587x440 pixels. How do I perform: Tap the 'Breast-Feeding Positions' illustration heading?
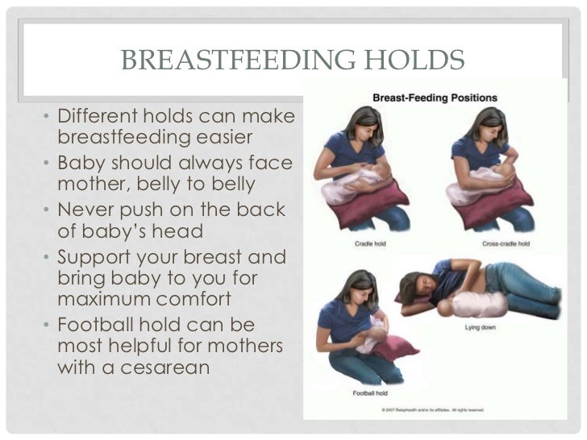point(435,98)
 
